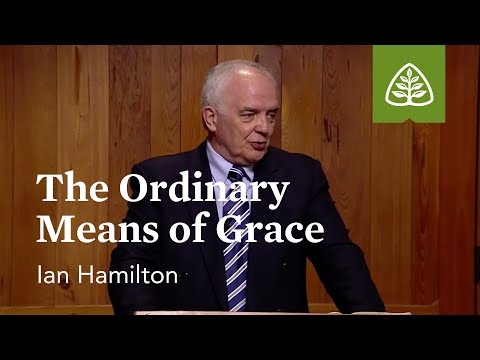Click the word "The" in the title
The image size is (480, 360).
(70, 190)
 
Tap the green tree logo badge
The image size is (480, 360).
(409, 84)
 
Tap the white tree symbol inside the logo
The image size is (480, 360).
(409, 82)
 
